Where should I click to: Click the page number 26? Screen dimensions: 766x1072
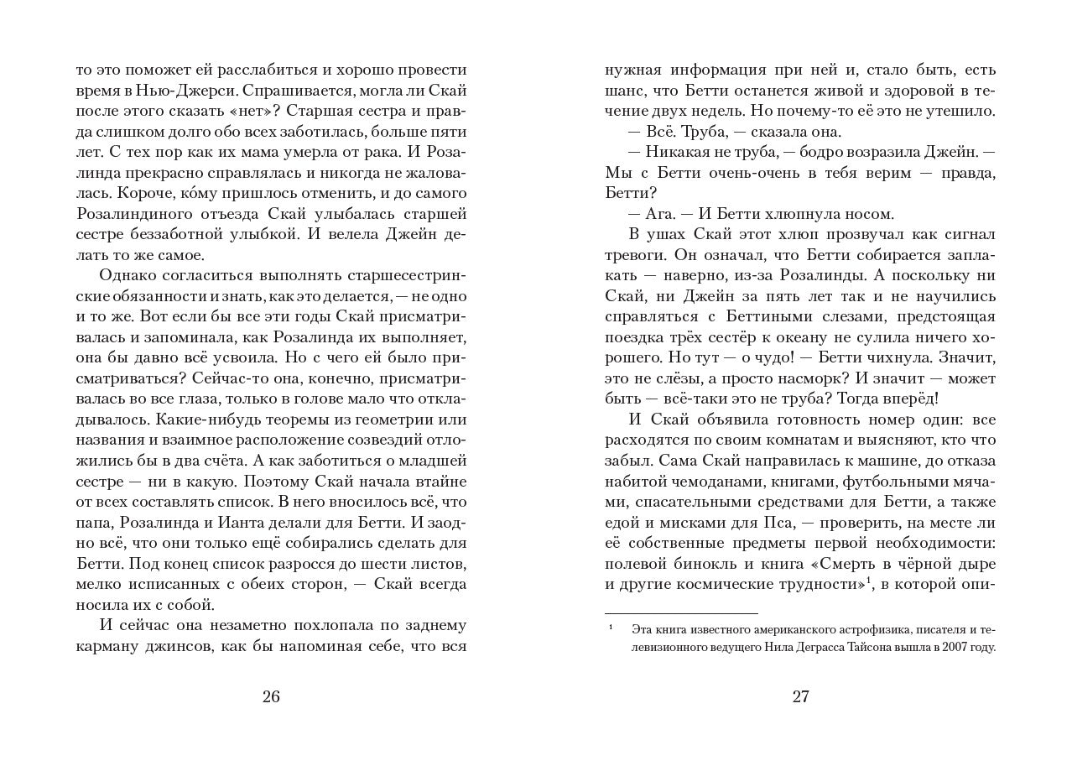click(x=270, y=696)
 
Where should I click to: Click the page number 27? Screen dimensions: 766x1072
click(x=800, y=696)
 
